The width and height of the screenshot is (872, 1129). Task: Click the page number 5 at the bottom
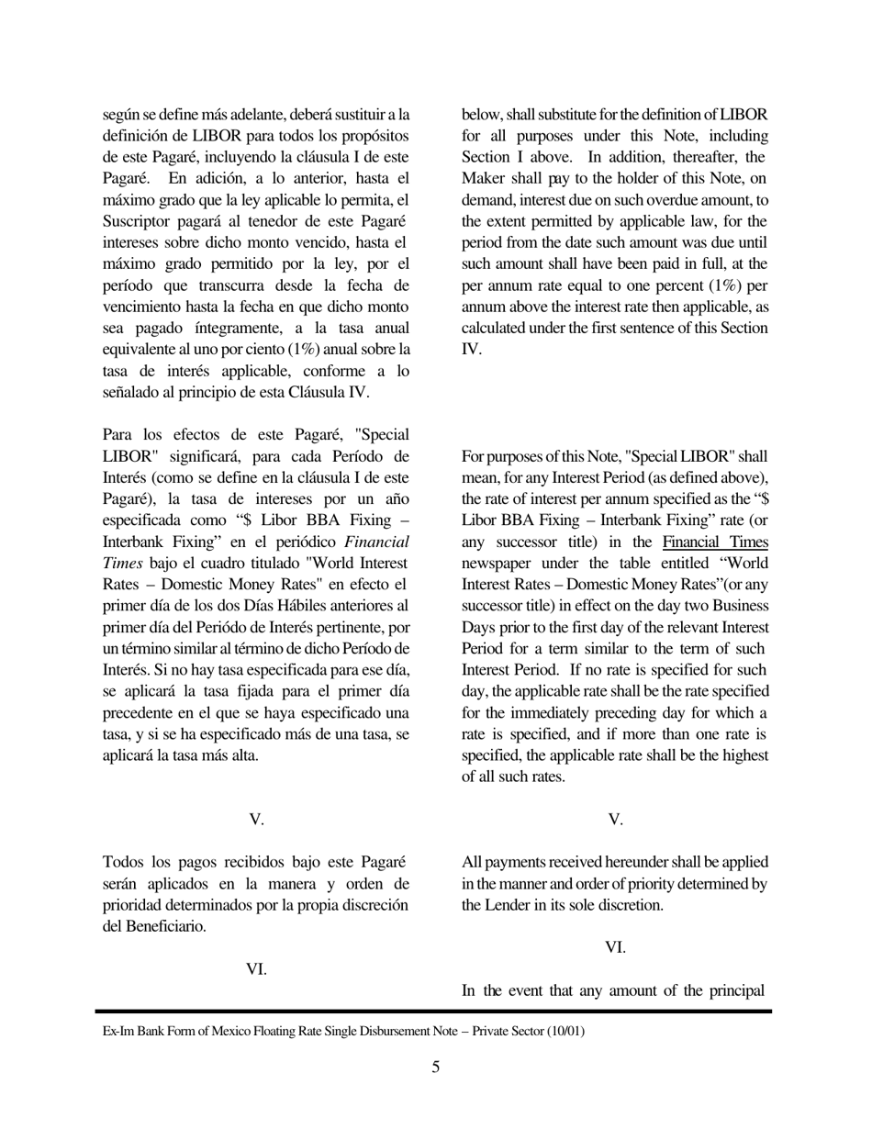(435, 1067)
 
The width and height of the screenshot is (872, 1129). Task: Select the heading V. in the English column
(615, 820)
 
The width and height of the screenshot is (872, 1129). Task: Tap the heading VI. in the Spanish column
(257, 968)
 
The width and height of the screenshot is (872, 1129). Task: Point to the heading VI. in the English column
(615, 947)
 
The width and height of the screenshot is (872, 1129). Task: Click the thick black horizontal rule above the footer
(435, 1011)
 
